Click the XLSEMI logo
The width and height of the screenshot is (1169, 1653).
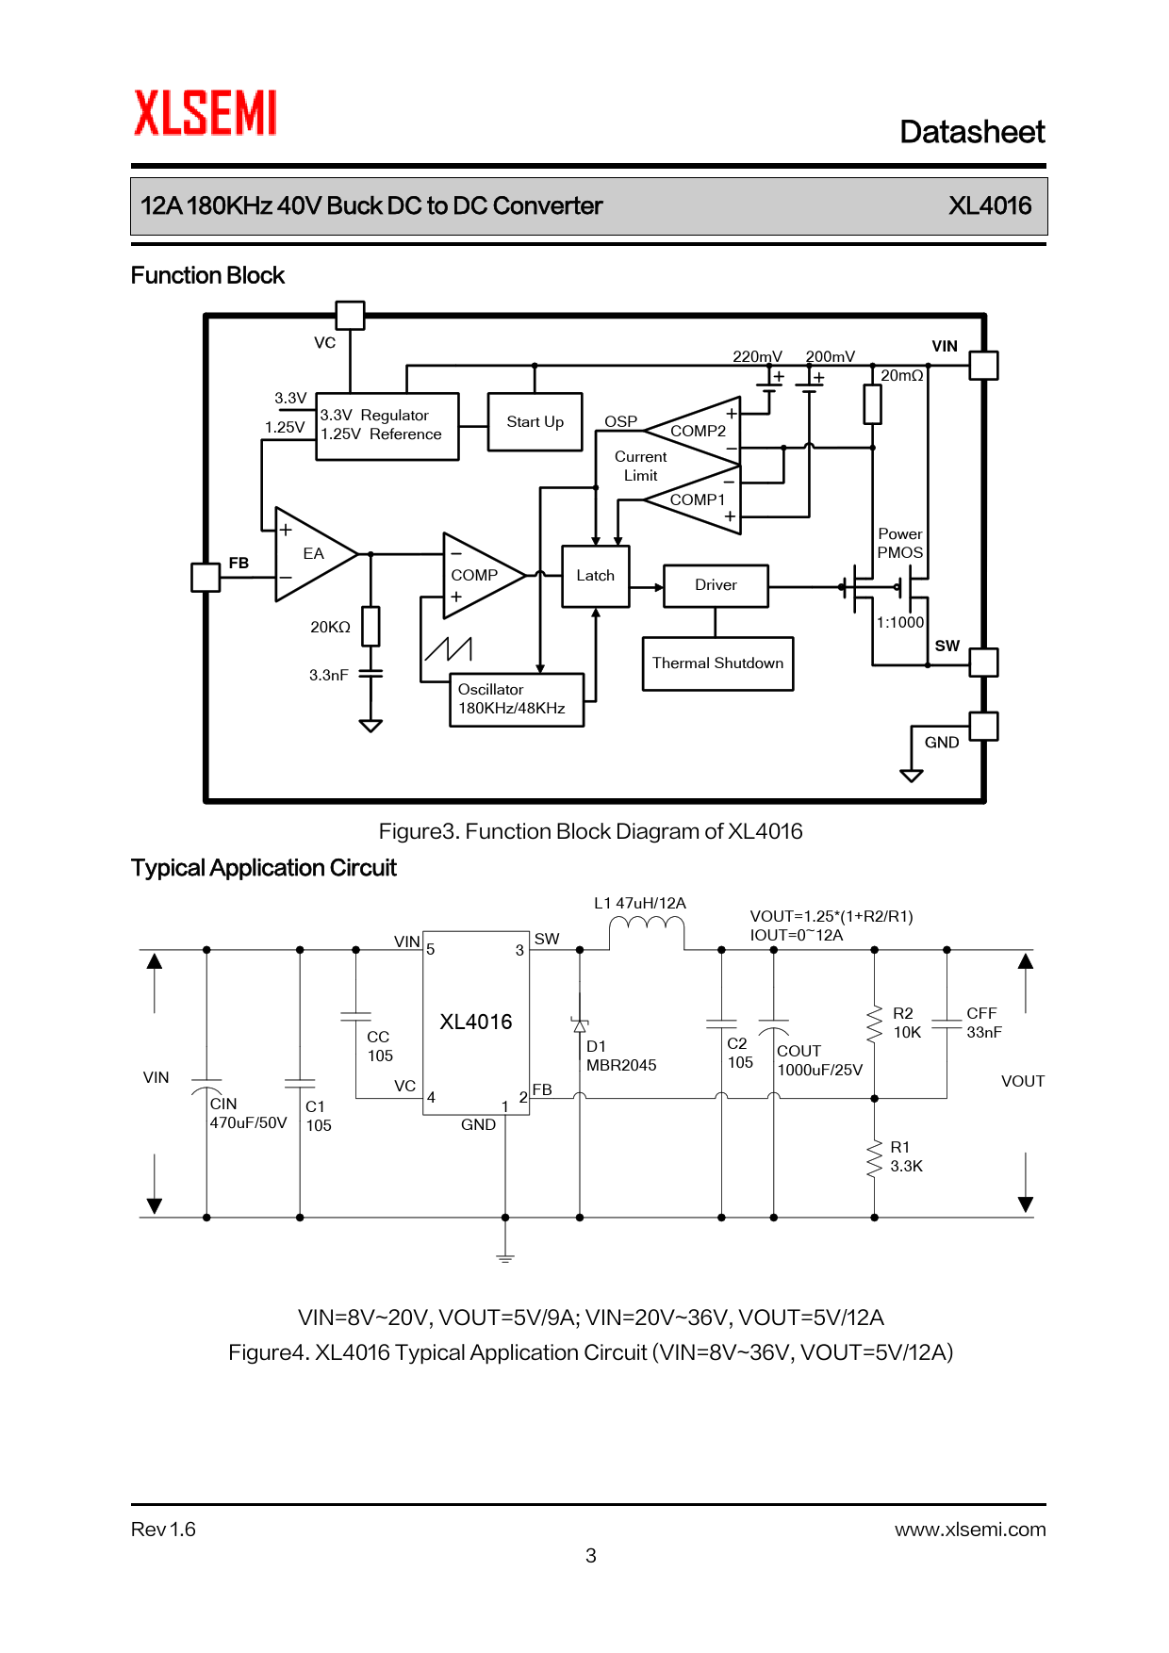[x=206, y=113]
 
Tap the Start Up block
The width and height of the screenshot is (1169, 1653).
[x=535, y=422]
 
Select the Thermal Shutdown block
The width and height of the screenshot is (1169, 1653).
[x=717, y=663]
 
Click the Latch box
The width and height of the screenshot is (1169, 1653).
[x=595, y=576]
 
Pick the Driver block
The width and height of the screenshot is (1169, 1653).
[x=716, y=585]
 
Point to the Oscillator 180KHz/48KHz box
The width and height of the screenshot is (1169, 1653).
[x=516, y=699]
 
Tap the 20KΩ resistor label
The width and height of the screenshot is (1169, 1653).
[x=330, y=628]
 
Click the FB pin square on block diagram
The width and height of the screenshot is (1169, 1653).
[x=206, y=577]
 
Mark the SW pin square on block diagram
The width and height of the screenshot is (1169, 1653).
[x=983, y=663]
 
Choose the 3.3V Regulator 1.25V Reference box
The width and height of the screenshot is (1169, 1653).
[x=387, y=426]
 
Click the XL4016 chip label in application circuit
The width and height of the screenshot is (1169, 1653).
[x=476, y=1023]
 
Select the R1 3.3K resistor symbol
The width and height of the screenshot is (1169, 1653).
[x=874, y=1158]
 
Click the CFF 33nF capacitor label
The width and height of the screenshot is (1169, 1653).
[x=983, y=1023]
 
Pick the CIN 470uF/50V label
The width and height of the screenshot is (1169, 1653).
[x=247, y=1114]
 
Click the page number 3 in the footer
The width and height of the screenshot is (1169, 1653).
[x=591, y=1556]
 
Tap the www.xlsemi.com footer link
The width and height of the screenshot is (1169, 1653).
[x=969, y=1530]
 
